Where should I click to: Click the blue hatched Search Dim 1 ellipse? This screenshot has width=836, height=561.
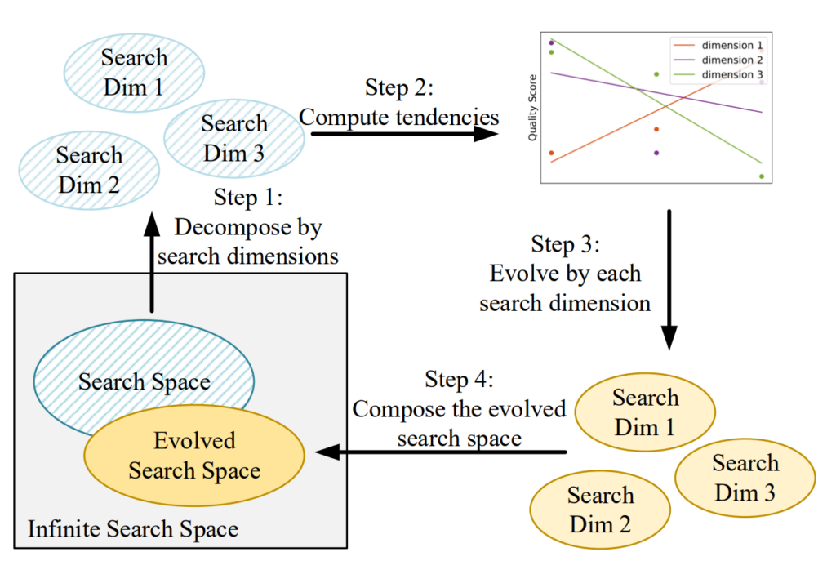134,72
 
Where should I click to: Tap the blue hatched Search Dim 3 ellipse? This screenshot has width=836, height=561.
234,138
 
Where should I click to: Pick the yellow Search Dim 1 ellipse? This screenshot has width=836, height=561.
645,412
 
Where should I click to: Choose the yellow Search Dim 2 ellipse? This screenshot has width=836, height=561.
600,509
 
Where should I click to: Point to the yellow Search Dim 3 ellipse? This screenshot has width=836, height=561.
745,477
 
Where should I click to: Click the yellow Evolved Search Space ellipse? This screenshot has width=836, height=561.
194,456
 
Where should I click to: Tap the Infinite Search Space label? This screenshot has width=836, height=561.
133,529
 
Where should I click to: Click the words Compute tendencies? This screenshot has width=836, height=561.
398,117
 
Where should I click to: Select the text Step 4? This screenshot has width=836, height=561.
459,380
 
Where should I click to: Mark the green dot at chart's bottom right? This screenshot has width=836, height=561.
762,176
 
